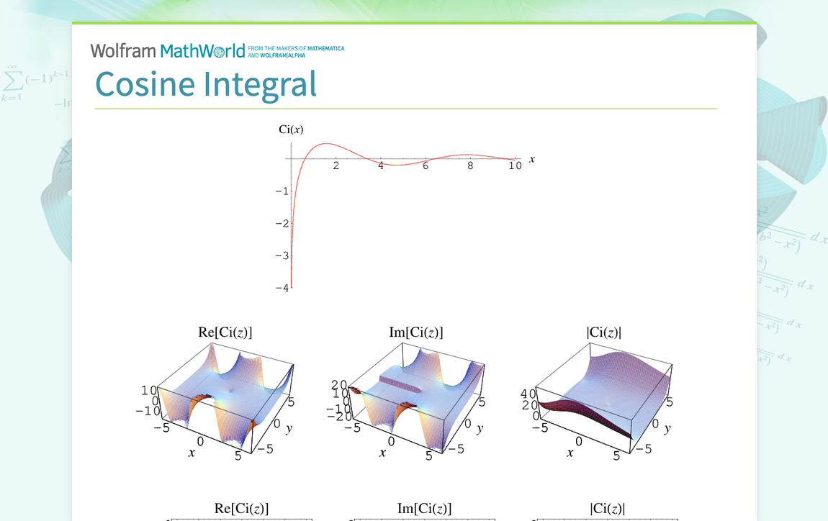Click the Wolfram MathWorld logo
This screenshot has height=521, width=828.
tap(168, 51)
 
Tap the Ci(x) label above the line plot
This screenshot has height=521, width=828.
tap(291, 130)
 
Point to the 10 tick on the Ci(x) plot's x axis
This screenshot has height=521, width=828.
tap(515, 166)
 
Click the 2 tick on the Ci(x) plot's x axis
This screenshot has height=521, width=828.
tap(336, 166)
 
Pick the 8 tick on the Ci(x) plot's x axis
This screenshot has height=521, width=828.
tap(470, 166)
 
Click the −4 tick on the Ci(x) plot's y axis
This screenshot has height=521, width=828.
tap(282, 288)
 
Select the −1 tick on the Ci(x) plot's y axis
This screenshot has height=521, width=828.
tap(282, 191)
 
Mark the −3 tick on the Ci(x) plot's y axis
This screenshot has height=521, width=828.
tap(282, 255)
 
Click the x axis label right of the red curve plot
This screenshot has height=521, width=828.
tap(532, 158)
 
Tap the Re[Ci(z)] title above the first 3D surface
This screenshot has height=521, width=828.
tap(225, 332)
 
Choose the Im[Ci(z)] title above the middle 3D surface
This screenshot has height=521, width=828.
tap(416, 332)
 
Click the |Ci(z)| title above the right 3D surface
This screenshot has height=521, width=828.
tap(604, 332)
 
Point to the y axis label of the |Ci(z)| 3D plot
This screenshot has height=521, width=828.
tap(667, 429)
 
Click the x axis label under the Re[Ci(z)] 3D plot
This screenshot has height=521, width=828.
tap(192, 453)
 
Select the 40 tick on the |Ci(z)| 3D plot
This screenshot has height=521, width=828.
tap(528, 394)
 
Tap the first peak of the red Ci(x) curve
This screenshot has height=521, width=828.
tap(327, 144)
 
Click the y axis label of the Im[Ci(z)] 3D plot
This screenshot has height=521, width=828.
tap(480, 429)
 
